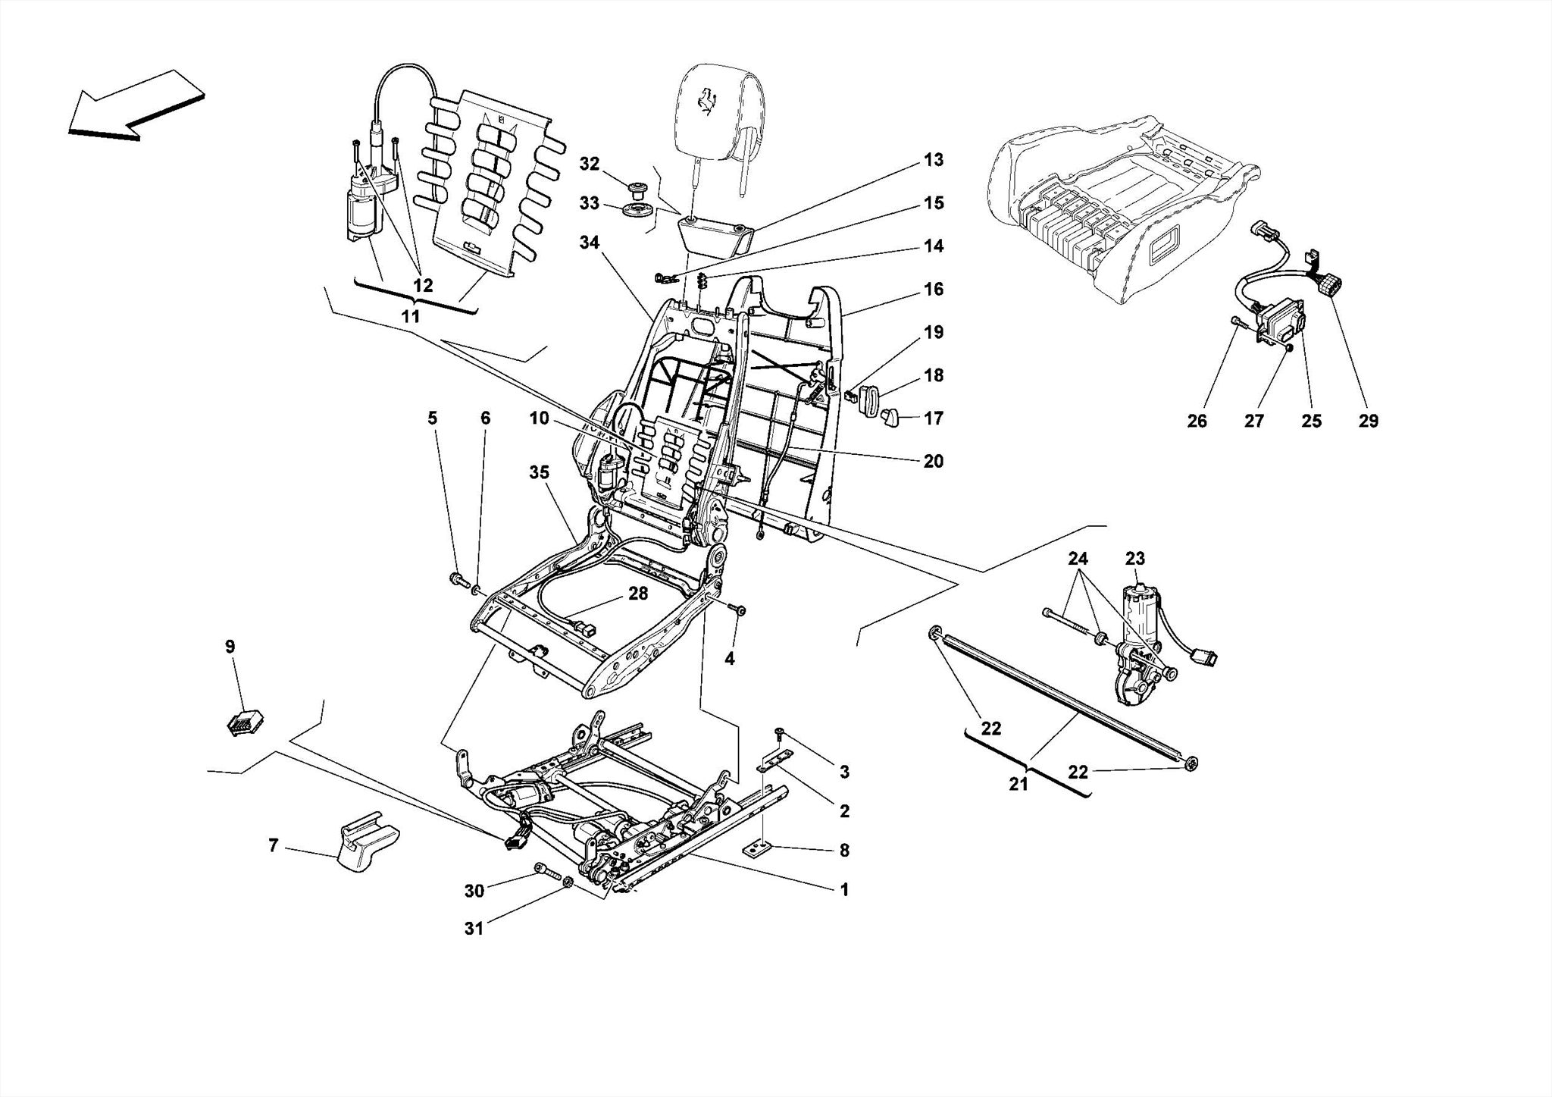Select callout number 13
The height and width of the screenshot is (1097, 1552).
[934, 160]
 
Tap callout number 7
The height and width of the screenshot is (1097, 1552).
[274, 845]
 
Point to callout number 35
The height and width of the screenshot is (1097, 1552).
[539, 472]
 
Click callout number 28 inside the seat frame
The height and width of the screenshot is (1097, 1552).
[638, 594]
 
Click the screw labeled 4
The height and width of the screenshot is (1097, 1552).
[739, 631]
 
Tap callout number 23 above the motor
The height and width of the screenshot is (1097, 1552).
[1134, 559]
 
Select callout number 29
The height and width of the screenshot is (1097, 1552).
[1368, 422]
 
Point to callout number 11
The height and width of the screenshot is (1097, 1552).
[410, 316]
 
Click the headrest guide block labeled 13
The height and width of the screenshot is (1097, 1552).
[712, 234]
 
